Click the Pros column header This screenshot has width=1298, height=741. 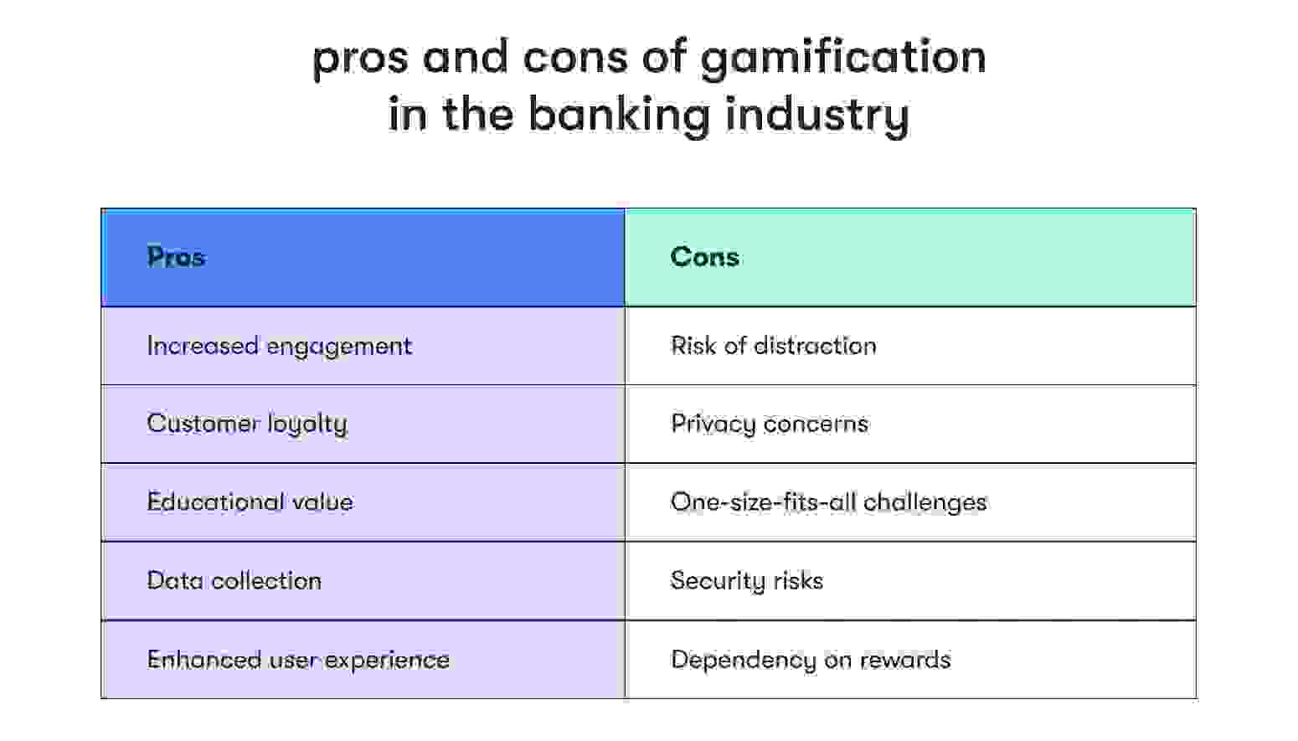(x=176, y=257)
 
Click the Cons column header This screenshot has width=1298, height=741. (x=704, y=257)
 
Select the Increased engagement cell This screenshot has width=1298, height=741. (x=279, y=346)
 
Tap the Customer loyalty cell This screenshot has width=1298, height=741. (x=247, y=424)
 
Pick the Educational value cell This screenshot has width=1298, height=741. (x=250, y=502)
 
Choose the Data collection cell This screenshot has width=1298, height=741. (x=234, y=581)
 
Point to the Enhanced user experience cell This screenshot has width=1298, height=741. (x=298, y=660)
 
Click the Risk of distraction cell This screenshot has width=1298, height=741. (x=773, y=346)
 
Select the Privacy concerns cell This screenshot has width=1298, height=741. (x=769, y=424)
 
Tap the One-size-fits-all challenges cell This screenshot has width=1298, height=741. (x=828, y=502)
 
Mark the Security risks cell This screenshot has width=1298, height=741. (x=746, y=581)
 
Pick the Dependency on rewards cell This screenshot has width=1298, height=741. (x=810, y=660)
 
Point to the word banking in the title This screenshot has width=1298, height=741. (x=620, y=115)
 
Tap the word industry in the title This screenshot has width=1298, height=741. (x=816, y=115)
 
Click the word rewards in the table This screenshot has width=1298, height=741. (x=905, y=660)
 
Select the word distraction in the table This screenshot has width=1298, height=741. (x=815, y=346)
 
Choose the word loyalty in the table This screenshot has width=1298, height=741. (x=307, y=424)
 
